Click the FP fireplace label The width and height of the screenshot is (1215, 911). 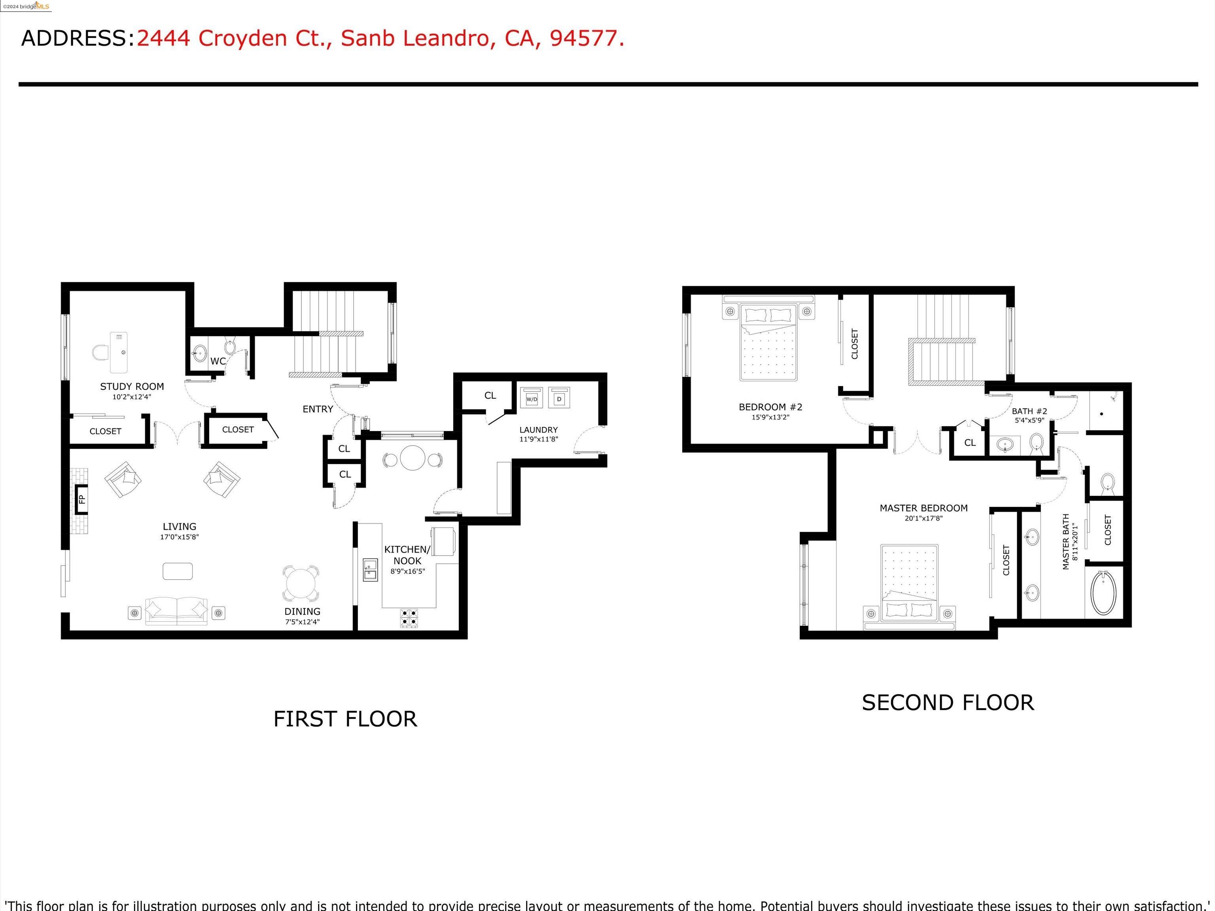tap(82, 499)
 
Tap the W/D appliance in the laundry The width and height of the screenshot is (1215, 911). tap(532, 399)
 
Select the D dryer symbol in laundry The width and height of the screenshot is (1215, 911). tap(559, 399)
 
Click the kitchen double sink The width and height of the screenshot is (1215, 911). tap(370, 569)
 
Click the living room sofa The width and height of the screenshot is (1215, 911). tap(176, 610)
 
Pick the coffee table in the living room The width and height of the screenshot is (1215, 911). tap(178, 571)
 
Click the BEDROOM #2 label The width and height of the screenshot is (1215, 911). tap(770, 407)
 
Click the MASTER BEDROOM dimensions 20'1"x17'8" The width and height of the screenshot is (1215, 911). tap(924, 518)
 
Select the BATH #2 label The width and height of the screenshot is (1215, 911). tap(1030, 411)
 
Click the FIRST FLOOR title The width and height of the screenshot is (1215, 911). tap(345, 719)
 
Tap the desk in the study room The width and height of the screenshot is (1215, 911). tap(119, 352)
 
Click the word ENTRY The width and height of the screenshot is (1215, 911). tap(318, 409)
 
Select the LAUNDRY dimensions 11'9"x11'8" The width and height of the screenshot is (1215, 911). tap(538, 439)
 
